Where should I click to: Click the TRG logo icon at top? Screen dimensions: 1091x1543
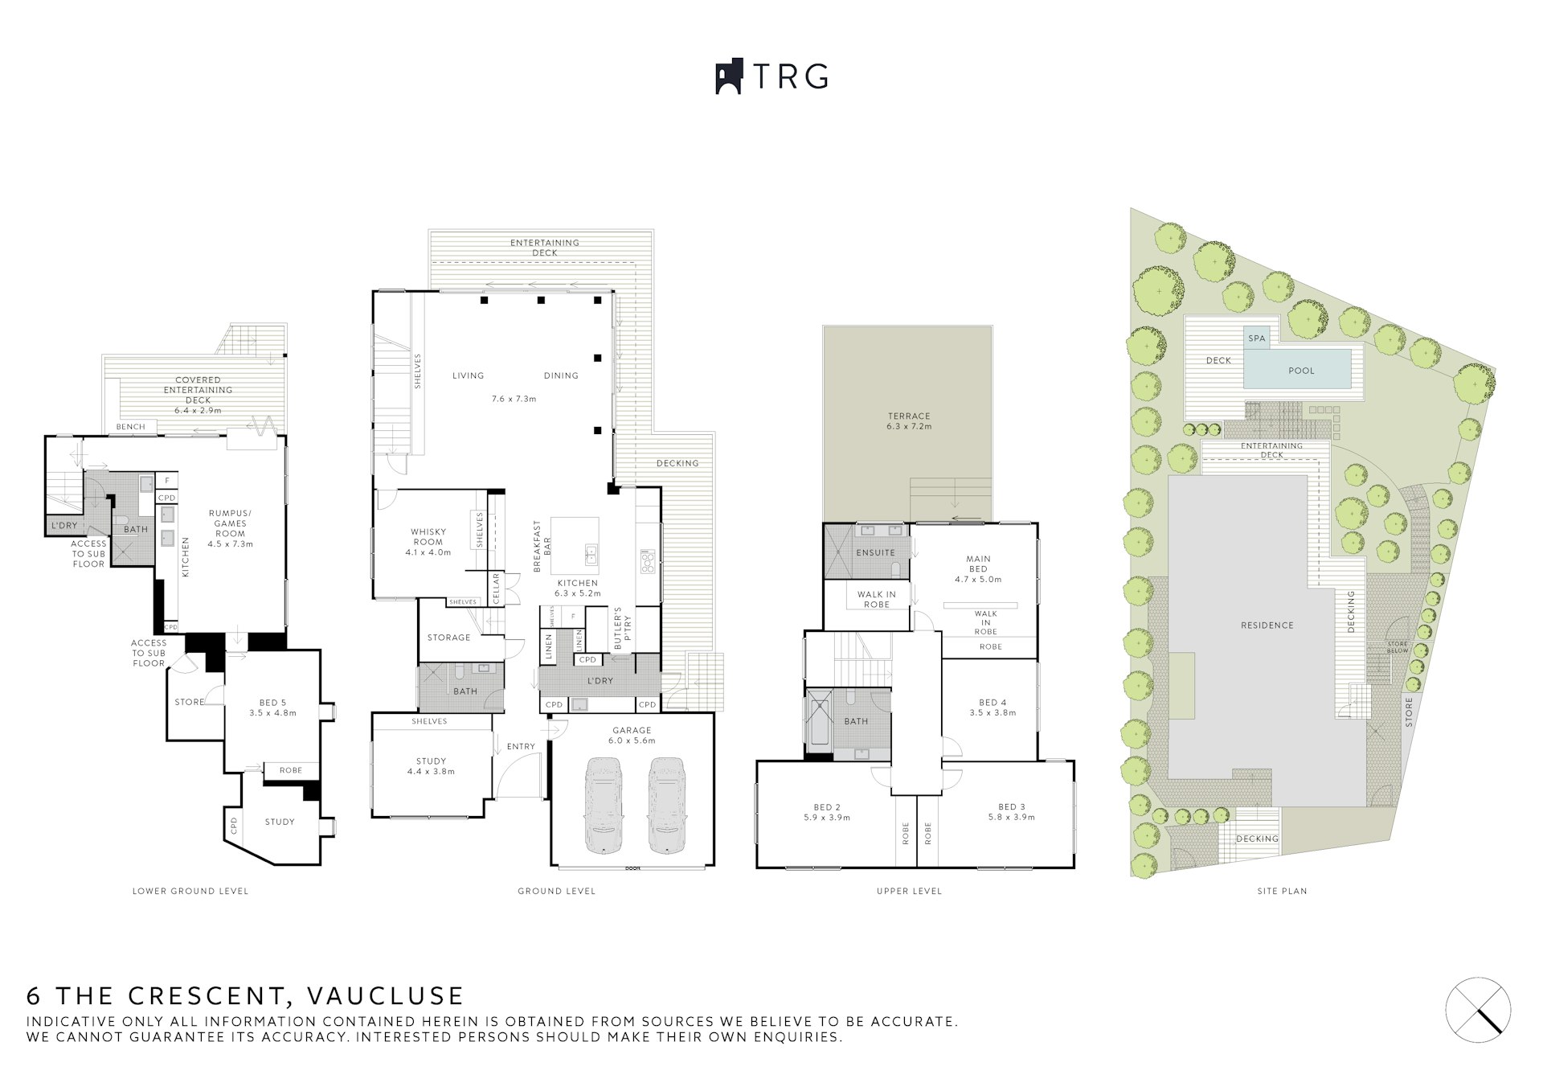pos(728,77)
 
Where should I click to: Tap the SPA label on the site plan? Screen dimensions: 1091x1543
pos(1256,338)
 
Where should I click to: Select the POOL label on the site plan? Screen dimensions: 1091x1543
pos(1301,371)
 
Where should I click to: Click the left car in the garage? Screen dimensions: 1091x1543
pos(604,805)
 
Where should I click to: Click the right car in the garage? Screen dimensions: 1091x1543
pos(665,805)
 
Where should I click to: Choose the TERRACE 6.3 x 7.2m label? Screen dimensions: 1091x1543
pos(909,421)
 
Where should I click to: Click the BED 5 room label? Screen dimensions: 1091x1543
pos(272,708)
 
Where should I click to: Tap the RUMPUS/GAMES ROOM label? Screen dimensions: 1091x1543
pos(230,528)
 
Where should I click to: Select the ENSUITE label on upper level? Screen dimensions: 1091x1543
pos(875,553)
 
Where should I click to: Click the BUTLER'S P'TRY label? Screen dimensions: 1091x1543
pos(618,628)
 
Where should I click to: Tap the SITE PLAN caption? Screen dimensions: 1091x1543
pos(1282,891)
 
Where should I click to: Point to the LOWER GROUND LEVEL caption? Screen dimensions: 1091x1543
pos(190,891)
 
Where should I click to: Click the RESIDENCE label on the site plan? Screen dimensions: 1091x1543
pos(1267,625)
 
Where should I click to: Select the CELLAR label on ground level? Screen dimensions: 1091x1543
pos(496,589)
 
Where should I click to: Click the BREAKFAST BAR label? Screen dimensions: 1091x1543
pos(542,546)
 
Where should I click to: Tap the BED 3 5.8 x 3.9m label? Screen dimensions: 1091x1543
pos(1011,811)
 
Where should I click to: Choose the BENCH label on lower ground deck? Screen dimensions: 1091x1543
pos(130,427)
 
